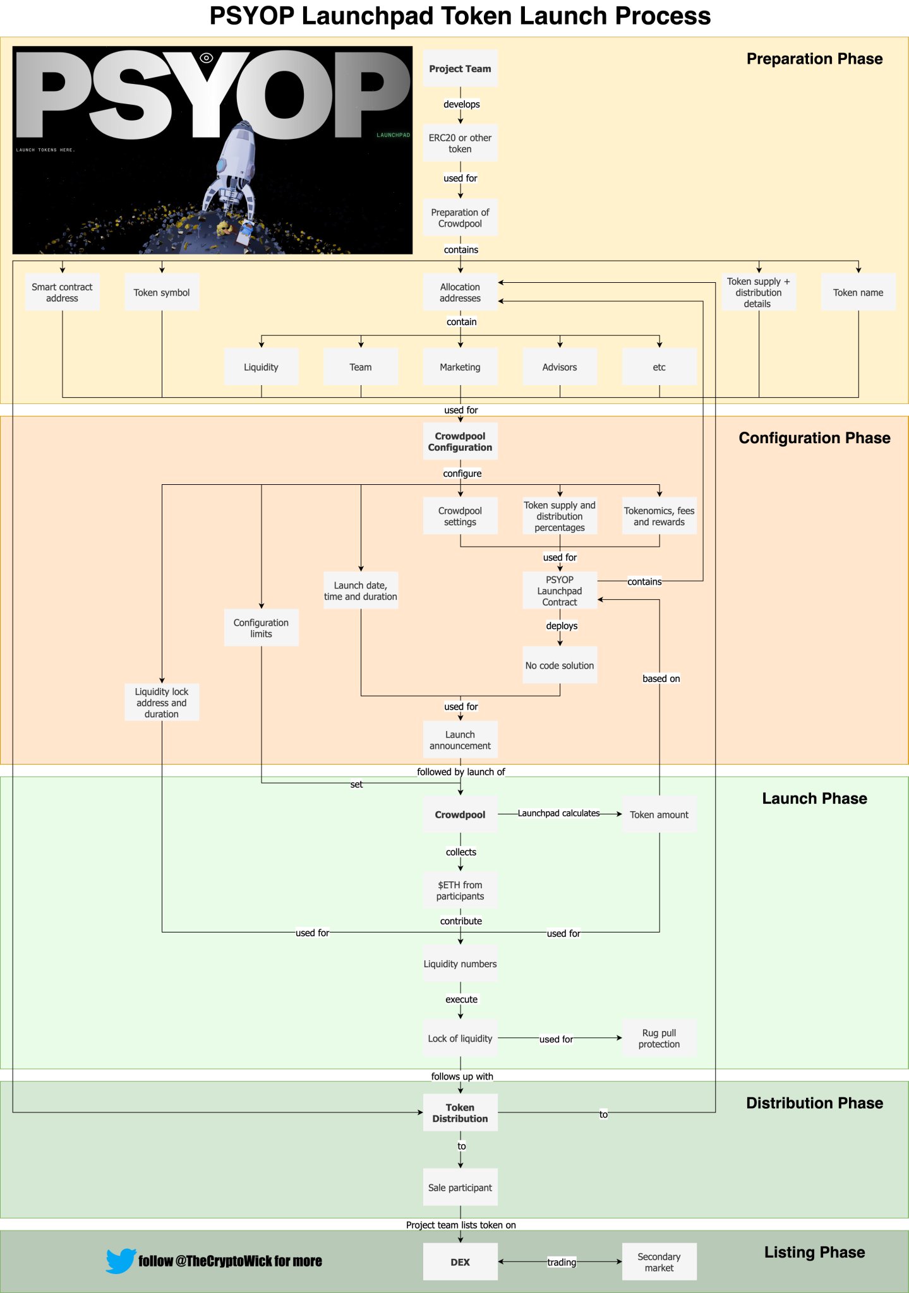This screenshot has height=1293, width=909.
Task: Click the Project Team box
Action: (460, 68)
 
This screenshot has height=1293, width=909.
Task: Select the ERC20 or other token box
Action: (460, 143)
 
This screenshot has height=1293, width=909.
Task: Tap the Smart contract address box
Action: (62, 292)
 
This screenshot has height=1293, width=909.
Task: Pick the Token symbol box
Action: (162, 292)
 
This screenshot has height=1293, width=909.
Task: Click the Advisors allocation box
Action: (560, 367)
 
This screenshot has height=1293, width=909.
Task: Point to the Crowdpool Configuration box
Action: (460, 441)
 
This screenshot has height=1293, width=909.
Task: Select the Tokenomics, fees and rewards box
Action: (659, 516)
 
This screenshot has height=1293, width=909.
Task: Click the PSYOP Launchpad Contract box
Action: (560, 590)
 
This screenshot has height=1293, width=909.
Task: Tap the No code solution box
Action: (560, 665)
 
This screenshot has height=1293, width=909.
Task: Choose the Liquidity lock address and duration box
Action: (162, 702)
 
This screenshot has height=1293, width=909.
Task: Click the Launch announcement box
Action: (460, 740)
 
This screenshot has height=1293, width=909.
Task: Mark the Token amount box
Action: (659, 814)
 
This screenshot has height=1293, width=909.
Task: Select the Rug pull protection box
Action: (659, 1038)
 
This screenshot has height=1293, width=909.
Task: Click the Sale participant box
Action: (460, 1187)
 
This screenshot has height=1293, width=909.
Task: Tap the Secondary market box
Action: (659, 1261)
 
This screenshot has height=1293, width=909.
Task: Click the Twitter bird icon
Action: (121, 1261)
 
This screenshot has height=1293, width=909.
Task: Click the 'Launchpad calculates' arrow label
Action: (559, 813)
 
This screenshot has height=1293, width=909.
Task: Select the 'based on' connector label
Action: (661, 679)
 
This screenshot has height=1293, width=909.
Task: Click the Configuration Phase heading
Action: (814, 438)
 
